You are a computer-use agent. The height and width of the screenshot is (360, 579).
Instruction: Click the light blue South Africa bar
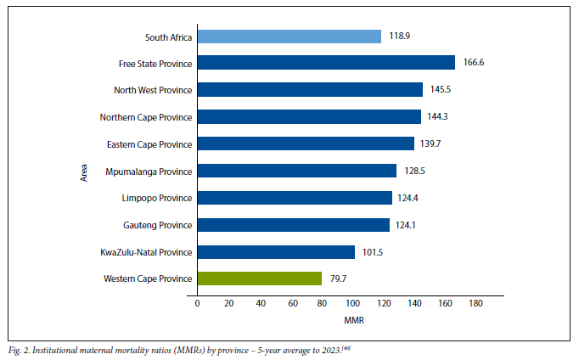coord(289,37)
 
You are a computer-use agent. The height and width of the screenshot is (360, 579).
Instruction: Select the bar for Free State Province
coord(326,63)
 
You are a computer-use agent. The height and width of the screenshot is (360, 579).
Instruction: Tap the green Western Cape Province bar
coord(259,278)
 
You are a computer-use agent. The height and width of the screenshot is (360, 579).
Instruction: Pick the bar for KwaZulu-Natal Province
coord(276,251)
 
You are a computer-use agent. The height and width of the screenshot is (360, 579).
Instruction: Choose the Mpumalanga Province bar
coord(296,171)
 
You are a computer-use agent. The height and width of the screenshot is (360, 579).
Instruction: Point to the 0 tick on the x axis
coord(197,303)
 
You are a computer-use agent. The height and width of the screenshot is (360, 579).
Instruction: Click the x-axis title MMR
coord(355,321)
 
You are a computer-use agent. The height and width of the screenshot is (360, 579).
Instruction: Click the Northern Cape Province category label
coord(146,117)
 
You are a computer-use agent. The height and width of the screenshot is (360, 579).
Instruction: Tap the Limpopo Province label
coord(158,198)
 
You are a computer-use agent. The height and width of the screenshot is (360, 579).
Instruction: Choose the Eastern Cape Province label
coord(149,144)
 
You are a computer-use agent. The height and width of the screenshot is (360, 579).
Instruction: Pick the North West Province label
coord(153,90)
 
